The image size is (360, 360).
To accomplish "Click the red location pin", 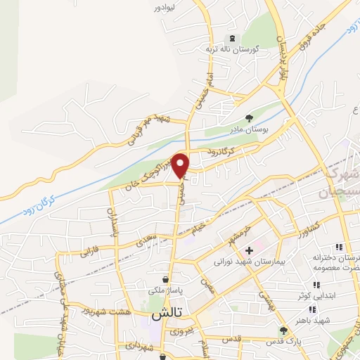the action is [181, 164].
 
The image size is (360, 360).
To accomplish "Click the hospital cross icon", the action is [249, 250].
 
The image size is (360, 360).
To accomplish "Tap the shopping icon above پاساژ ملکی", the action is [165, 278].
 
